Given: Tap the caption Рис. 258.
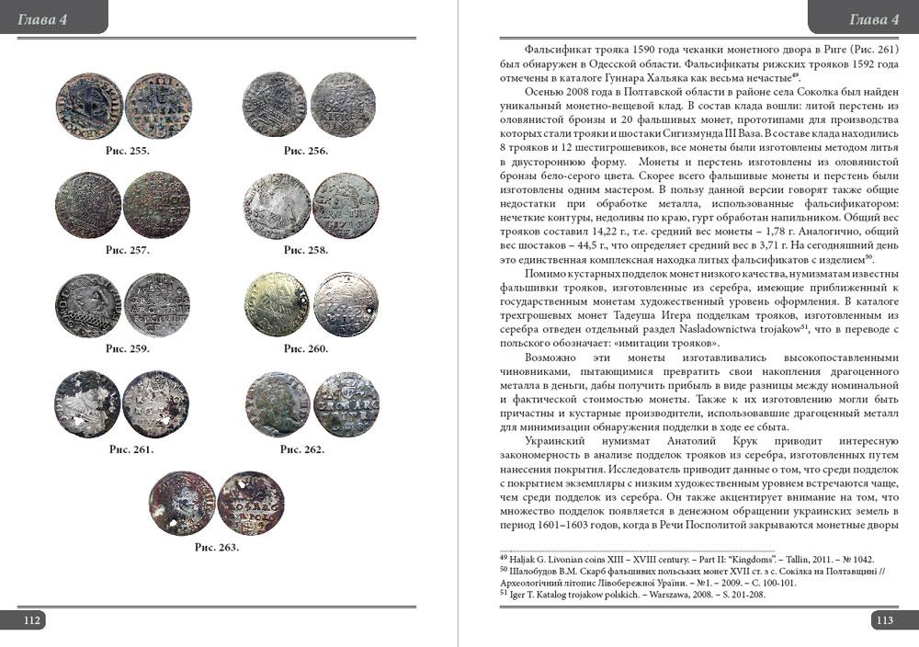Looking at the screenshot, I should tap(306, 250).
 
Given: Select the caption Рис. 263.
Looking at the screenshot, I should tap(217, 548).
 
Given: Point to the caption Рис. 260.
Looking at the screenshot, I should tap(306, 349).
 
